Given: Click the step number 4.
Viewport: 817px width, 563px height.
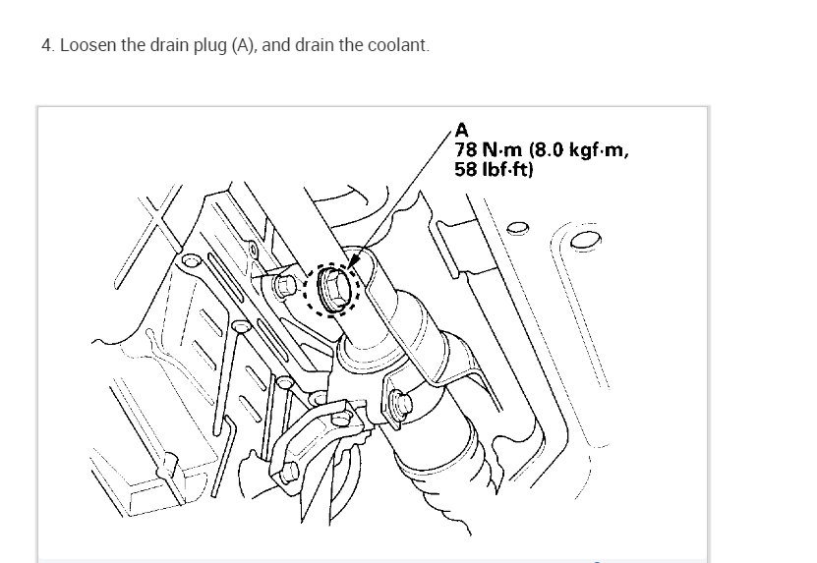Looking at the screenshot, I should pos(45,46).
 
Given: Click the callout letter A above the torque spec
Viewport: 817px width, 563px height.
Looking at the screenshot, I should pos(462,129).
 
